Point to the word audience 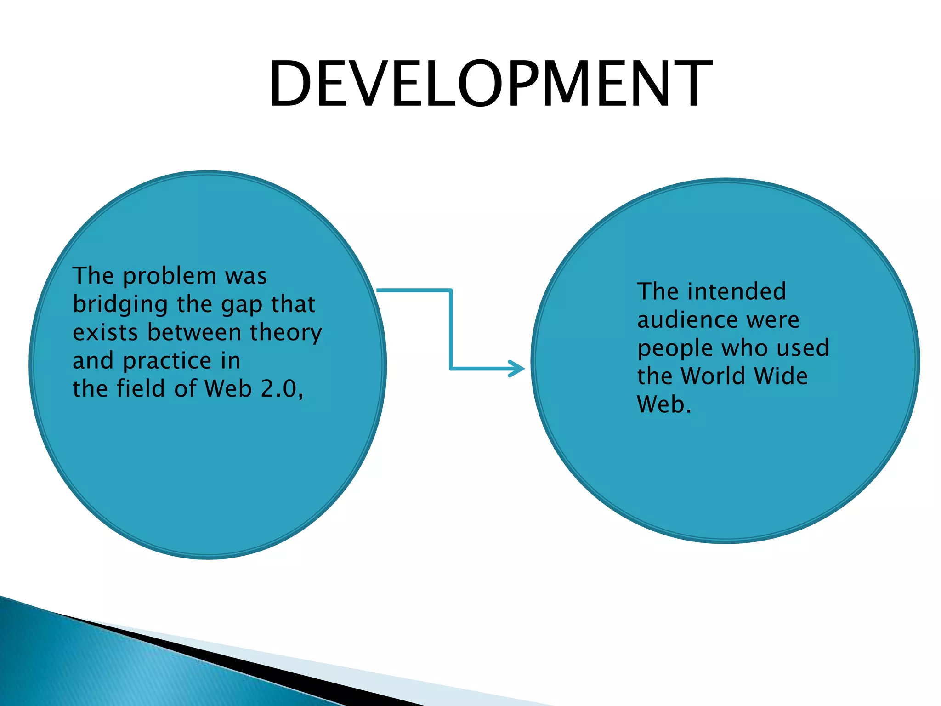pyautogui.click(x=687, y=320)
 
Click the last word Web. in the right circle pyautogui.click(x=664, y=404)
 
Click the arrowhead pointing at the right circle pyautogui.click(x=518, y=369)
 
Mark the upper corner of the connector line pyautogui.click(x=451, y=290)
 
